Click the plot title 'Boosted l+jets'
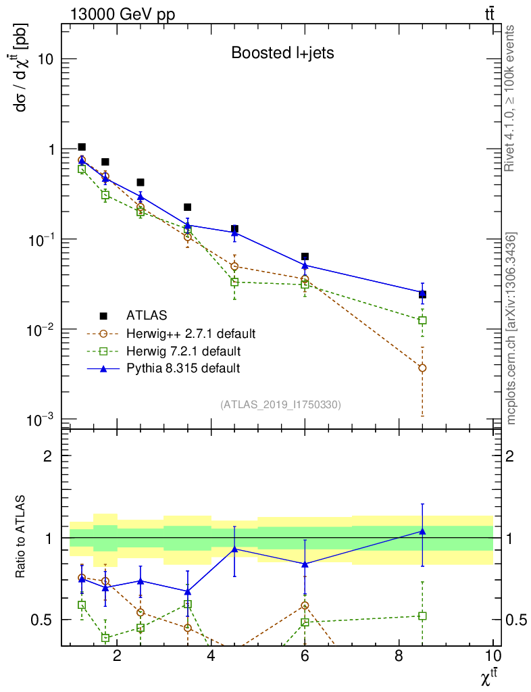click(x=282, y=53)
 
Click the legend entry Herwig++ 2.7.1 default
click(x=191, y=333)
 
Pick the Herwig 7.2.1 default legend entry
click(x=183, y=351)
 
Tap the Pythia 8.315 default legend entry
click(x=183, y=368)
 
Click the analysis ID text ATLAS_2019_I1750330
click(x=280, y=405)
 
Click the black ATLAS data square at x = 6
click(x=305, y=257)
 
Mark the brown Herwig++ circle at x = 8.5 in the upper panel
click(x=422, y=368)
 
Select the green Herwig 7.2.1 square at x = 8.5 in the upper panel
click(x=422, y=320)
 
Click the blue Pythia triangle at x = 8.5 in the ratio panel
click(x=422, y=532)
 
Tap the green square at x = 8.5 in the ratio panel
click(x=422, y=616)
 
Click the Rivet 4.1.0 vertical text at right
click(x=511, y=99)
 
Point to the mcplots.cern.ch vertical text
click(x=511, y=328)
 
